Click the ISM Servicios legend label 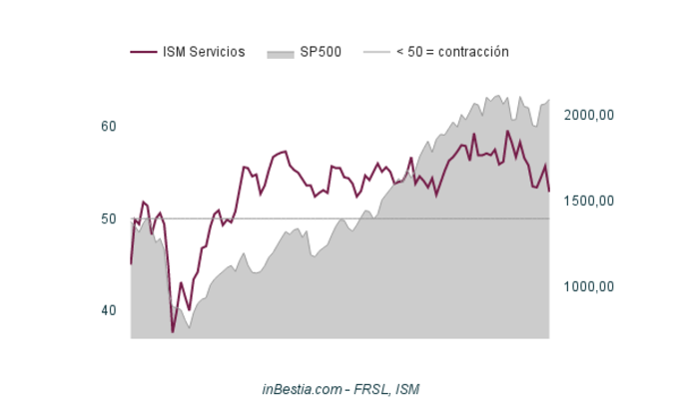point(204,52)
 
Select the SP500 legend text point(321,52)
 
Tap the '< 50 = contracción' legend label point(452,52)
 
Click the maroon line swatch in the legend point(143,52)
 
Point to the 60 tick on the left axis point(109,127)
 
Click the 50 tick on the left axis point(109,218)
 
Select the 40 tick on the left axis point(109,310)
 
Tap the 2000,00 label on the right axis point(589,116)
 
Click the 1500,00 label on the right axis point(589,202)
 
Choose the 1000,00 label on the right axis point(589,287)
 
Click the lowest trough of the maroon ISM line point(172,332)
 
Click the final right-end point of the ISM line point(549,191)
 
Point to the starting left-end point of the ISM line point(131,263)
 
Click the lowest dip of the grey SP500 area point(189,328)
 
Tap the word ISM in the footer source point(407,388)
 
